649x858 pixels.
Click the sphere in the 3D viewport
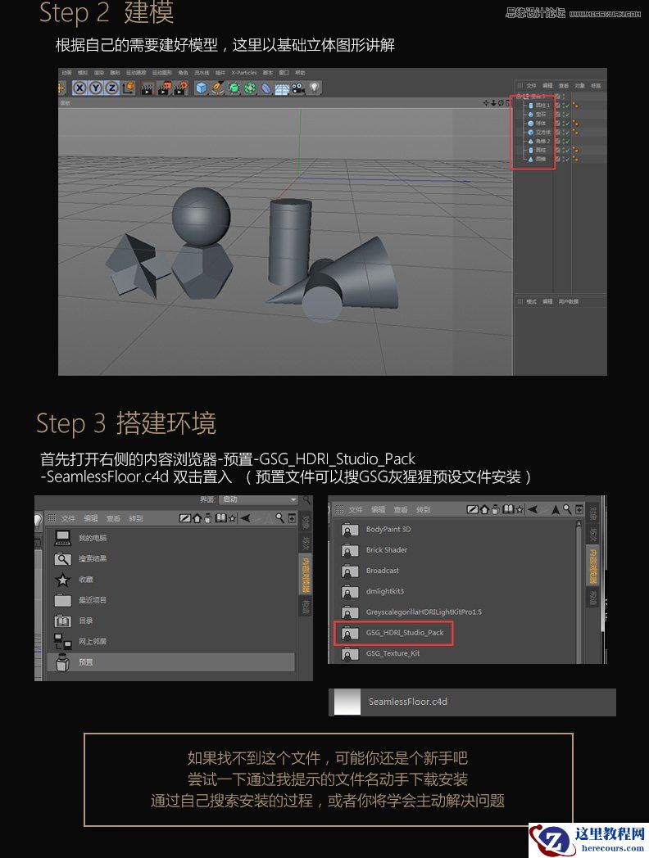[x=199, y=214]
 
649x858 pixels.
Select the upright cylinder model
[x=290, y=242]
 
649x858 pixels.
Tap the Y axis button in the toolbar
[x=95, y=88]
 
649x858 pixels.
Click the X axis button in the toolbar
[x=79, y=88]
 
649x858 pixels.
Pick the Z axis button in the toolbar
[x=111, y=88]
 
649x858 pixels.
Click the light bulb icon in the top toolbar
[x=314, y=88]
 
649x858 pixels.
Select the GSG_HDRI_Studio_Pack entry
[x=405, y=632]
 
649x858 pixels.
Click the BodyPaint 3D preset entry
[x=388, y=529]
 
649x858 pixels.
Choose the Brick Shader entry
[x=387, y=549]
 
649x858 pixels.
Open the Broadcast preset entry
[x=383, y=570]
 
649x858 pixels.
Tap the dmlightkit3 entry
[x=385, y=590]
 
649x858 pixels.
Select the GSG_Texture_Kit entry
[x=393, y=653]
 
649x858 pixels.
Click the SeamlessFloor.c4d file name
[x=407, y=702]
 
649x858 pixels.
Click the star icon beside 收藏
[x=63, y=580]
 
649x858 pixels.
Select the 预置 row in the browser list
[x=164, y=662]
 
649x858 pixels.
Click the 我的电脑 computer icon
[x=63, y=538]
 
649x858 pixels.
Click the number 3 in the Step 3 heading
[x=100, y=423]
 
